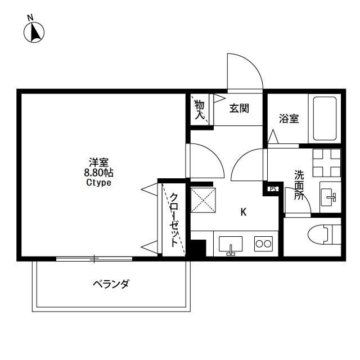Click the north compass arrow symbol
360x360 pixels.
click(x=34, y=33)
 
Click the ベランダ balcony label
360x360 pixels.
click(x=111, y=283)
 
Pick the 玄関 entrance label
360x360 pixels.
click(x=239, y=109)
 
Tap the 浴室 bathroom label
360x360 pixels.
click(x=289, y=119)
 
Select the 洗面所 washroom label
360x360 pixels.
click(x=299, y=185)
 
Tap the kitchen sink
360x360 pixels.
click(x=230, y=245)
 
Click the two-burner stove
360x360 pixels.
click(x=263, y=244)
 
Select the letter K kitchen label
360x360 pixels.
click(x=243, y=212)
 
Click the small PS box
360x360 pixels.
click(x=273, y=189)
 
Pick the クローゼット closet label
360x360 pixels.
click(x=174, y=219)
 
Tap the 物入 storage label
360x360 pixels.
click(x=200, y=109)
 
